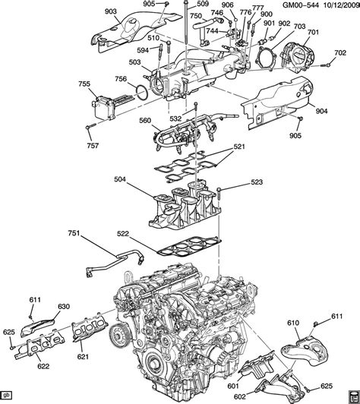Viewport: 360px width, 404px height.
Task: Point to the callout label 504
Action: coord(120,180)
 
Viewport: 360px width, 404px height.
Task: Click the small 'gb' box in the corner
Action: coord(7,397)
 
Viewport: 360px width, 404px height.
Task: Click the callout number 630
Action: coord(63,307)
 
